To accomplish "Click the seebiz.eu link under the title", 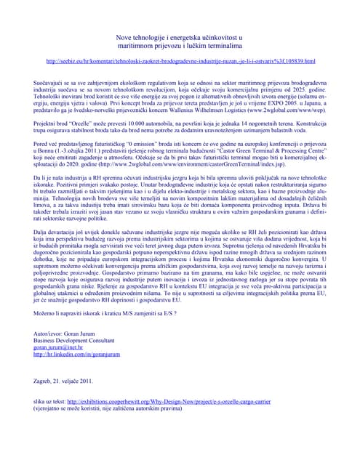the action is [180, 62].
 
